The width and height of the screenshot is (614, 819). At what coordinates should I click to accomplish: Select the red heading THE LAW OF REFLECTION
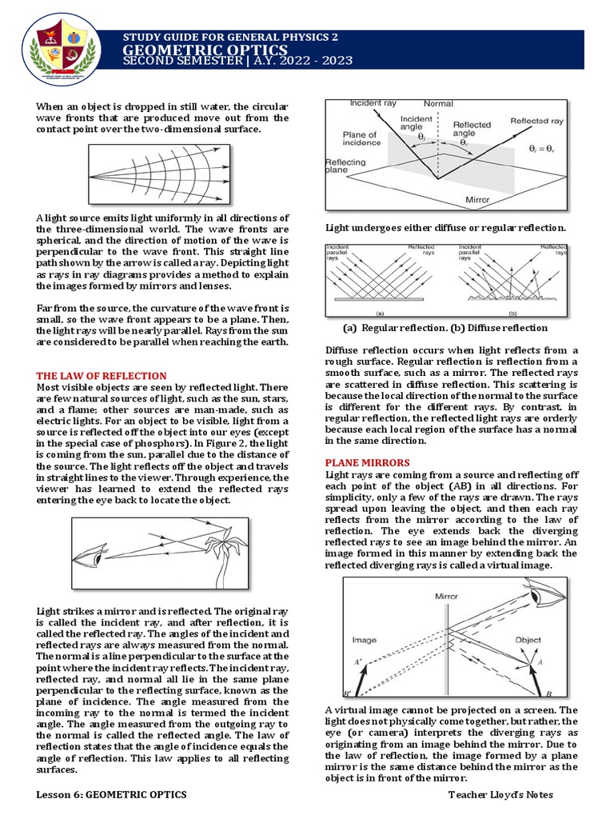click(x=102, y=375)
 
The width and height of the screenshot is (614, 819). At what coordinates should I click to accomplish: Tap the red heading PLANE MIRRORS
click(x=367, y=462)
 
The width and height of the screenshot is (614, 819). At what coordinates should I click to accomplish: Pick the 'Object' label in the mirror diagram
click(x=528, y=640)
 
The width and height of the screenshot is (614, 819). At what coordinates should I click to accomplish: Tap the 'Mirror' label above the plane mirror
click(x=446, y=597)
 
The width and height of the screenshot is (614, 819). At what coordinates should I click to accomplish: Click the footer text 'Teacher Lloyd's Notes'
click(x=501, y=794)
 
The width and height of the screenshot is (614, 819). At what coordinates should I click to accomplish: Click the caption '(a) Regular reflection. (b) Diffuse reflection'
click(x=445, y=328)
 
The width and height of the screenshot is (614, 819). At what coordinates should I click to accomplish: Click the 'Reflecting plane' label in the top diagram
click(x=345, y=166)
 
